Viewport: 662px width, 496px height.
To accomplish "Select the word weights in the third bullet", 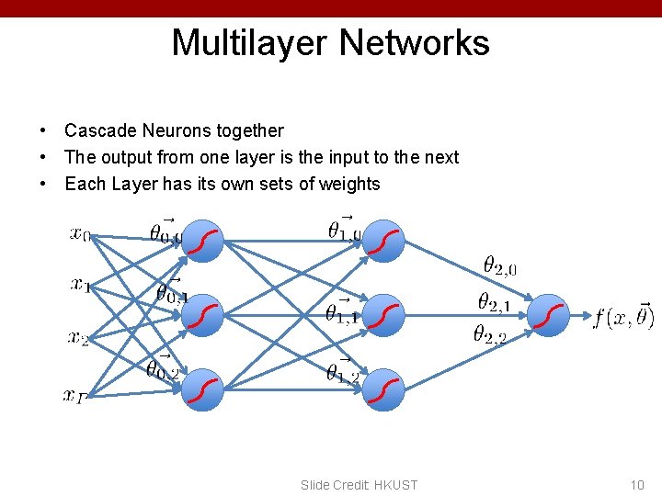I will [349, 184].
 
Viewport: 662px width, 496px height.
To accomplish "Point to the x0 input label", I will [81, 233].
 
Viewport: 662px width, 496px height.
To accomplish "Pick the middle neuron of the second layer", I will [385, 315].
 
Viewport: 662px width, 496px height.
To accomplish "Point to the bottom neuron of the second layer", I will [385, 390].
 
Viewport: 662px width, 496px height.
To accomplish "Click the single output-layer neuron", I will [550, 315].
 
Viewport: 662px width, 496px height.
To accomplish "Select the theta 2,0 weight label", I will [500, 266].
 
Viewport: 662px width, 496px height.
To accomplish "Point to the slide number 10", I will [637, 485].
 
